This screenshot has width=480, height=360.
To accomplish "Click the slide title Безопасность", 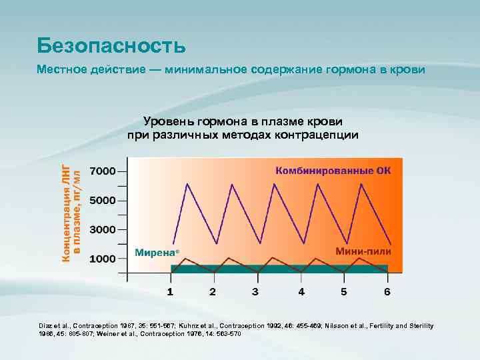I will pyautogui.click(x=111, y=45).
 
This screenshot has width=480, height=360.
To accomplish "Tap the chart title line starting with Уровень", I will pyautogui.click(x=243, y=121).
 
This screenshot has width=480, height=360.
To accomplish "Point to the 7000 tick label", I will pyautogui.click(x=103, y=171).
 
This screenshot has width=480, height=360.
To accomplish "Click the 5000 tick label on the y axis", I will pyautogui.click(x=103, y=200).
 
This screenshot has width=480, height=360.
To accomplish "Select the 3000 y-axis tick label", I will pyautogui.click(x=103, y=229).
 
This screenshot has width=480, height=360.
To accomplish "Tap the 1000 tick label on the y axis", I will pyautogui.click(x=103, y=259).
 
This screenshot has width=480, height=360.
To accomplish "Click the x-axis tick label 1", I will pyautogui.click(x=170, y=292).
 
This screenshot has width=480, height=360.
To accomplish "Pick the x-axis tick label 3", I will pyautogui.click(x=255, y=292).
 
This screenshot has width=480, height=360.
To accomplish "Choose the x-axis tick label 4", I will pyautogui.click(x=301, y=292).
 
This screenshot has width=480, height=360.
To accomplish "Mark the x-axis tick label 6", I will pyautogui.click(x=387, y=292).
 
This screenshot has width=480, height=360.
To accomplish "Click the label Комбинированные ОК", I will pyautogui.click(x=333, y=171).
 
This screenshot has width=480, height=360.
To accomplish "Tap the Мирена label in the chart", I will pyautogui.click(x=157, y=253).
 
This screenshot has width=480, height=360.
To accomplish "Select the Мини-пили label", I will pyautogui.click(x=363, y=252).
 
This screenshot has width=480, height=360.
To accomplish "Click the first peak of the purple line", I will pyautogui.click(x=189, y=183).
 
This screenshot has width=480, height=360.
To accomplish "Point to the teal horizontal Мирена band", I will pyautogui.click(x=280, y=269).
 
